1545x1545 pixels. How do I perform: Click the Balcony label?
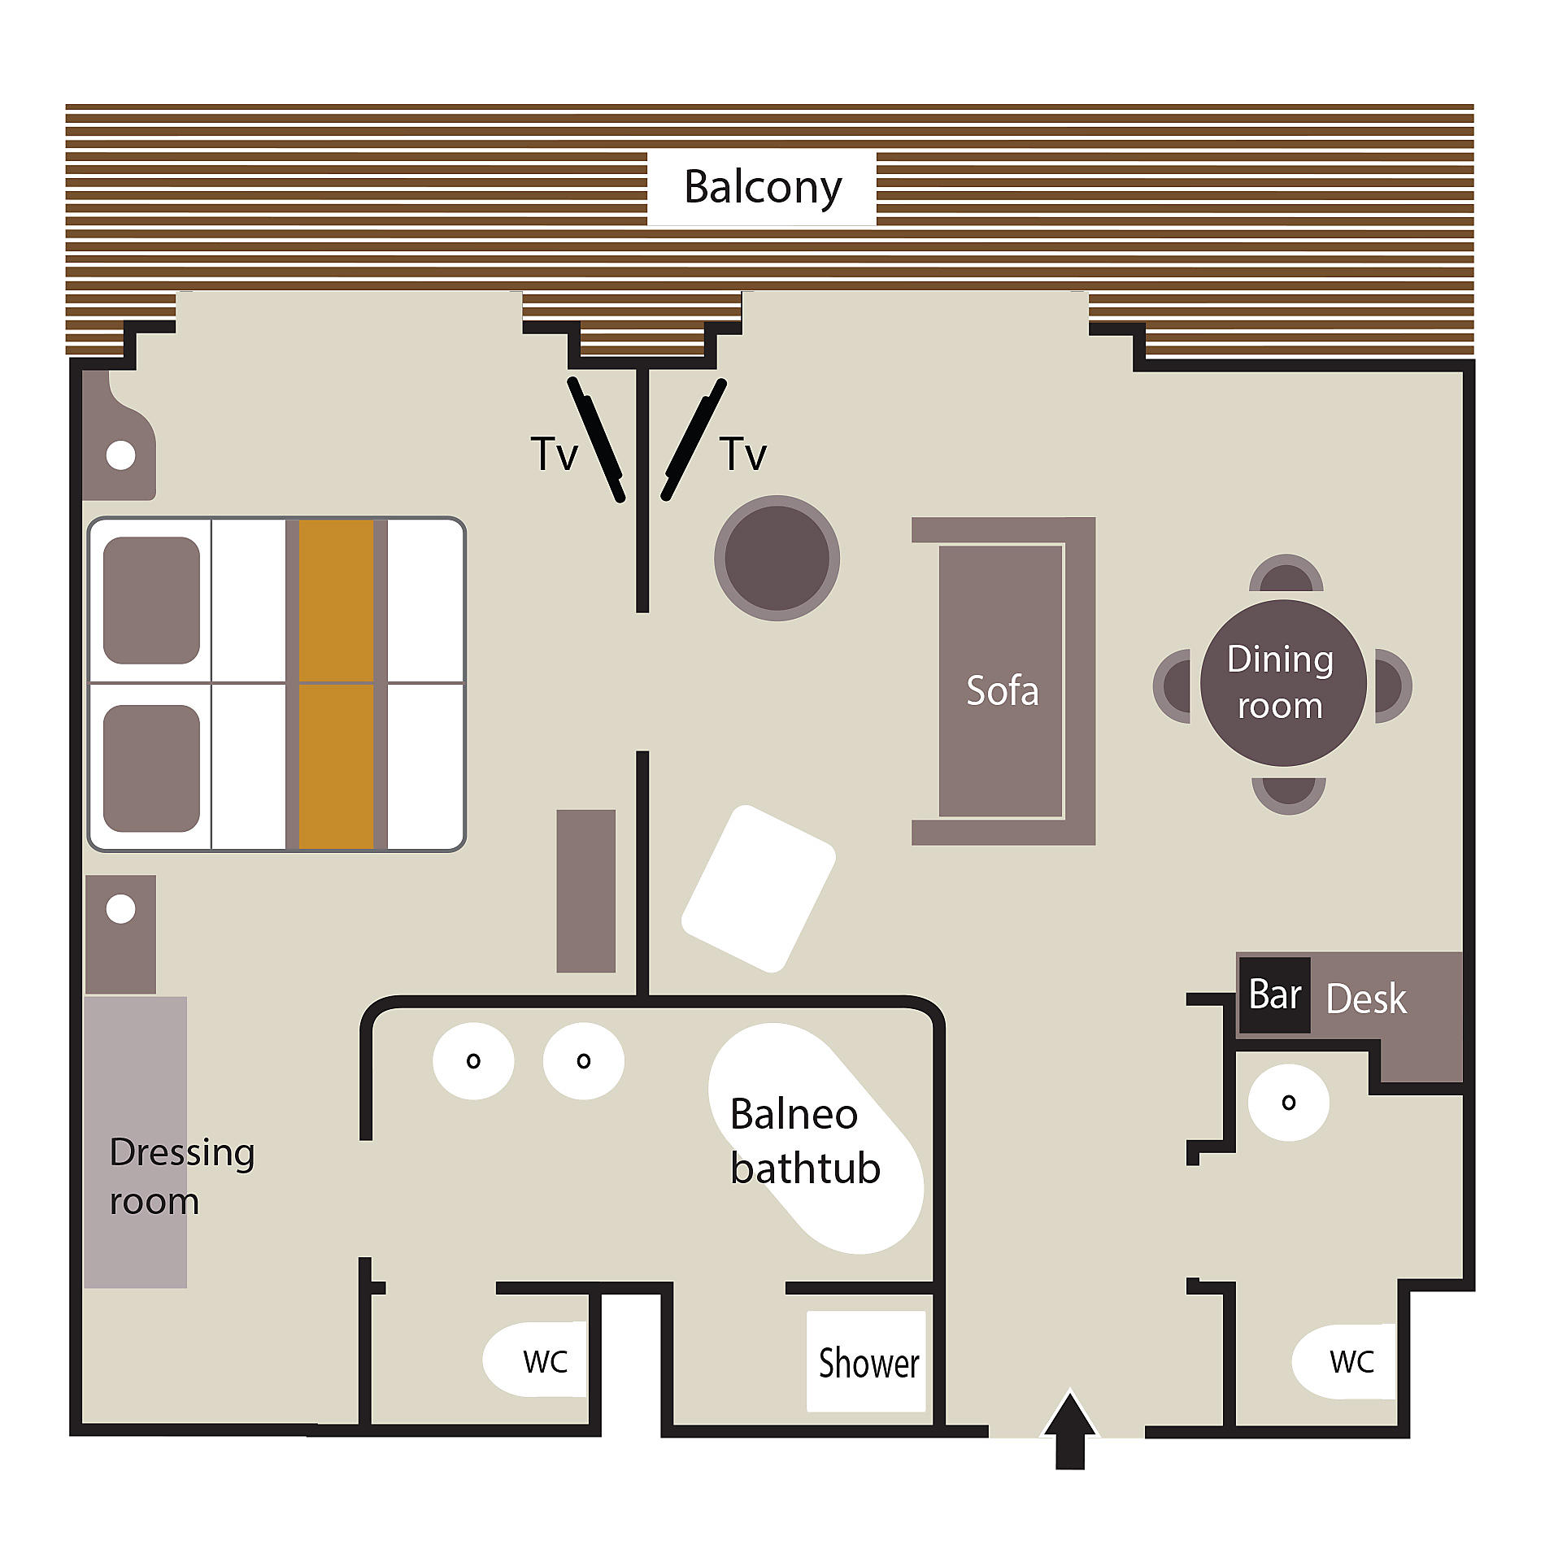(x=763, y=188)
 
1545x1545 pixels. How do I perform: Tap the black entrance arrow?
(x=1070, y=1430)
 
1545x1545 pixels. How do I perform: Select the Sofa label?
(x=1002, y=690)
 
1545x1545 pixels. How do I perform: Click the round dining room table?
(x=1283, y=683)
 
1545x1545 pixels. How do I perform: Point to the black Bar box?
(x=1274, y=995)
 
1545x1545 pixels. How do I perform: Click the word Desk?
(x=1366, y=999)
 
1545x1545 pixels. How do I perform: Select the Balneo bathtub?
(x=816, y=1138)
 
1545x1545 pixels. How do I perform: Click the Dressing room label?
(x=182, y=1177)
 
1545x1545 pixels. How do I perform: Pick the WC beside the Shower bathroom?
(x=535, y=1360)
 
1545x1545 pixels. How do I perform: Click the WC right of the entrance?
(x=1344, y=1361)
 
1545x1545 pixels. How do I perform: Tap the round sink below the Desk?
(x=1289, y=1103)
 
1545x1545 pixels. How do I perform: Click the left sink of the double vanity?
(x=473, y=1060)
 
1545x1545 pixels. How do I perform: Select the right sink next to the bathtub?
(x=584, y=1060)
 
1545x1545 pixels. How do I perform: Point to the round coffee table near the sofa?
(x=777, y=559)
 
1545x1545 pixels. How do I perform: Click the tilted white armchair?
(x=759, y=889)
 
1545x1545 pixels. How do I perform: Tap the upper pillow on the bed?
(x=151, y=600)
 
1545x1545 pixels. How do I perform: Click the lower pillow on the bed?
(x=151, y=768)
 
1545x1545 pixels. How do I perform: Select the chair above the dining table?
(x=1286, y=572)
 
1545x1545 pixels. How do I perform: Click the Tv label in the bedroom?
(x=554, y=454)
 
